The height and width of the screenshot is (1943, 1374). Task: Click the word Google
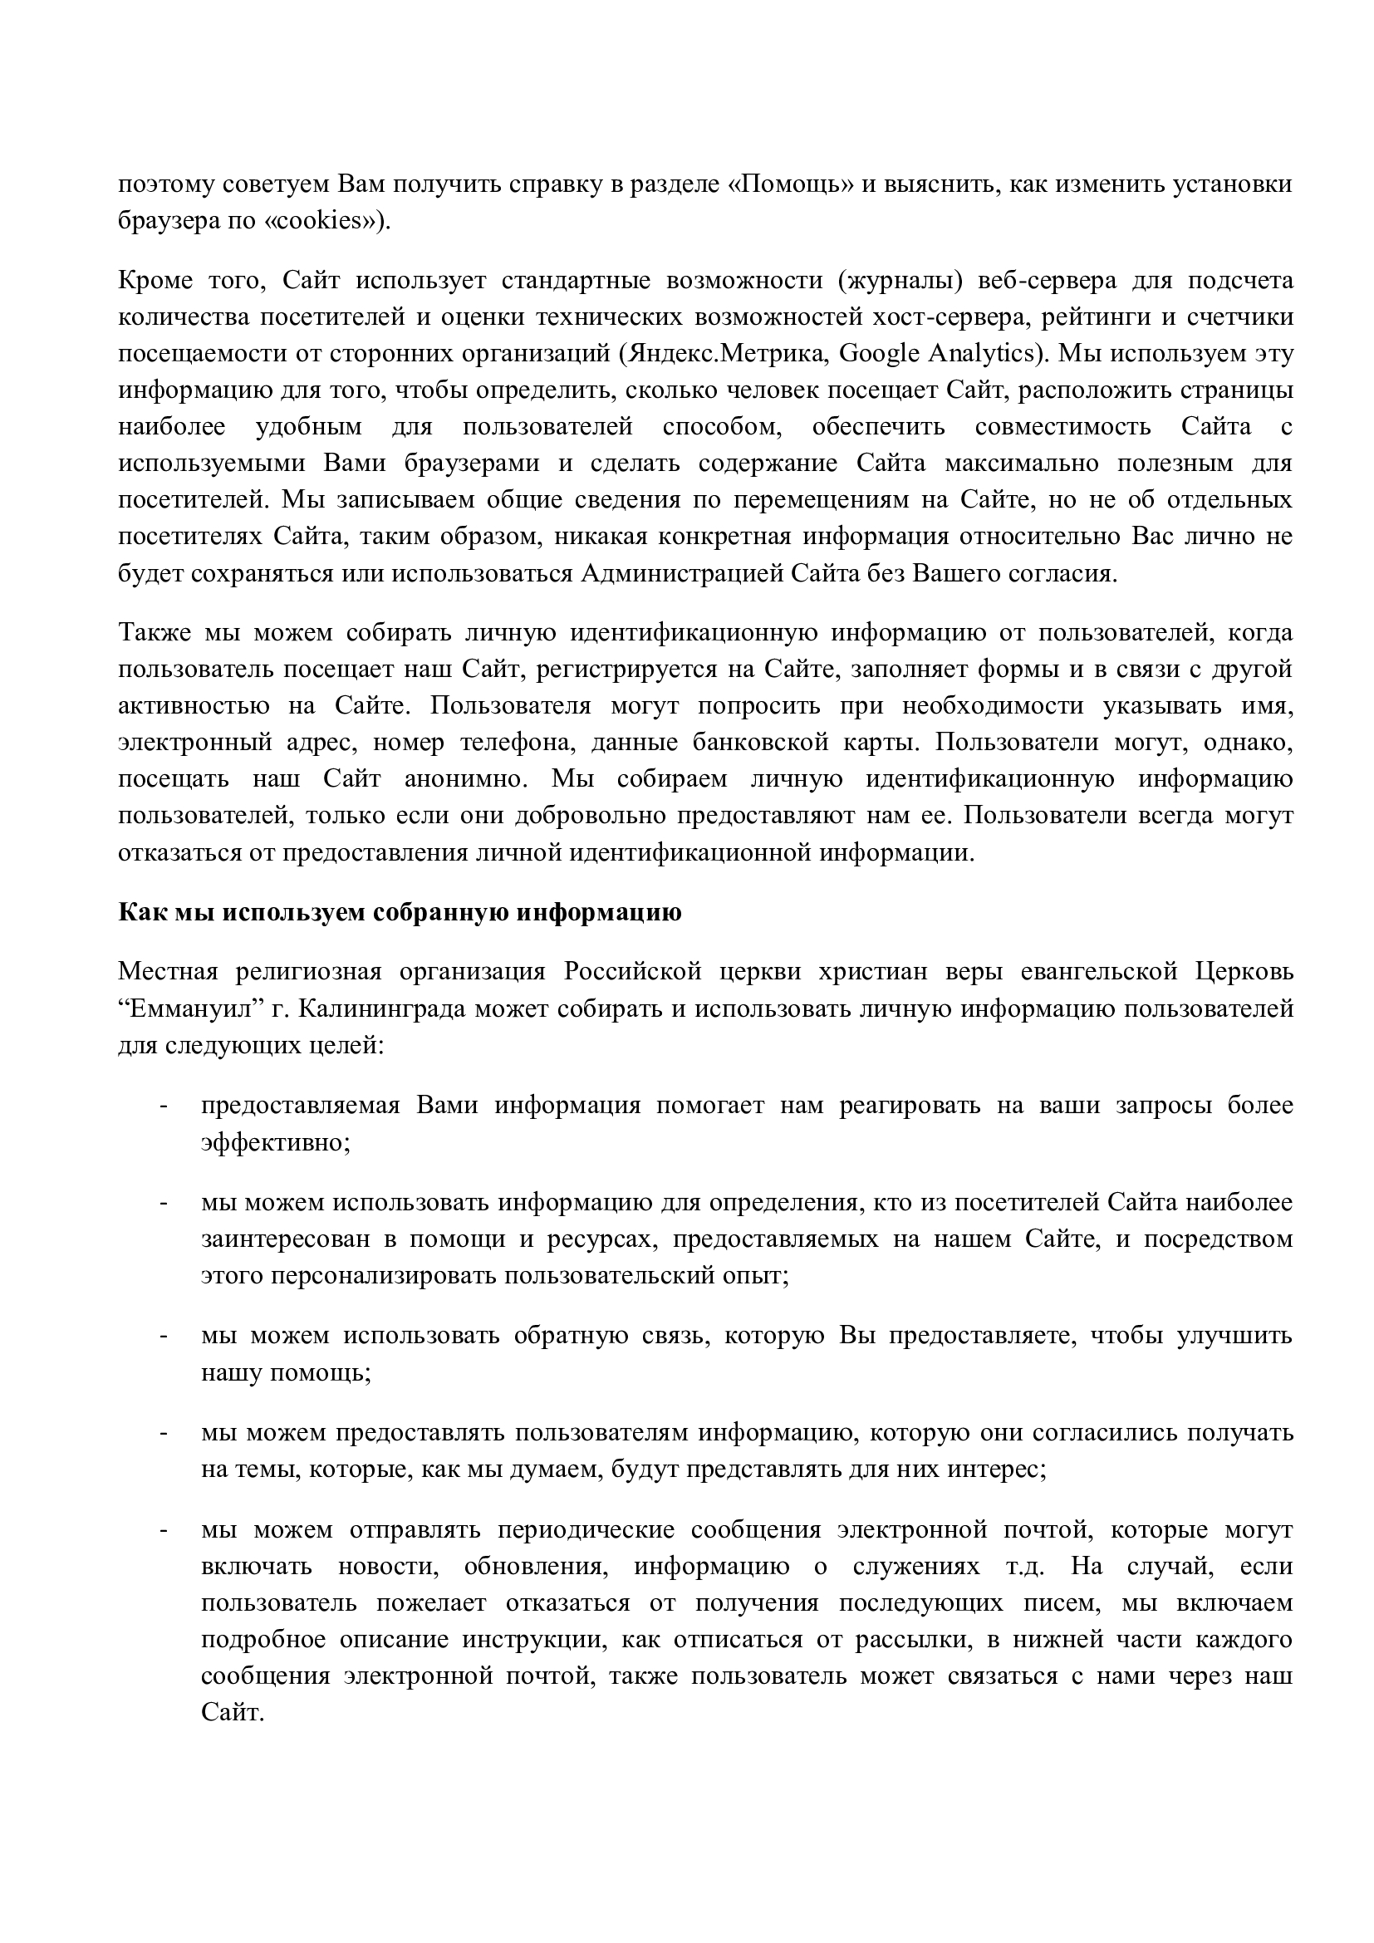[880, 354]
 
